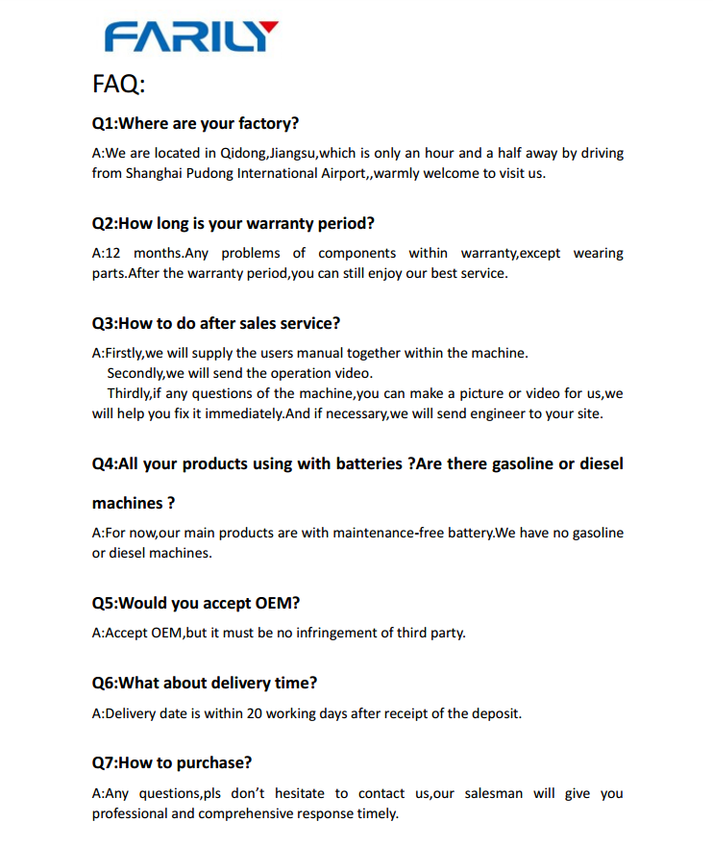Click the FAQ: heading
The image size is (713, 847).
click(118, 85)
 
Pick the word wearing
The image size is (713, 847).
click(598, 253)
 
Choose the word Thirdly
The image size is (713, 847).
click(129, 393)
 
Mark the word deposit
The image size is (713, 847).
click(495, 713)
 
